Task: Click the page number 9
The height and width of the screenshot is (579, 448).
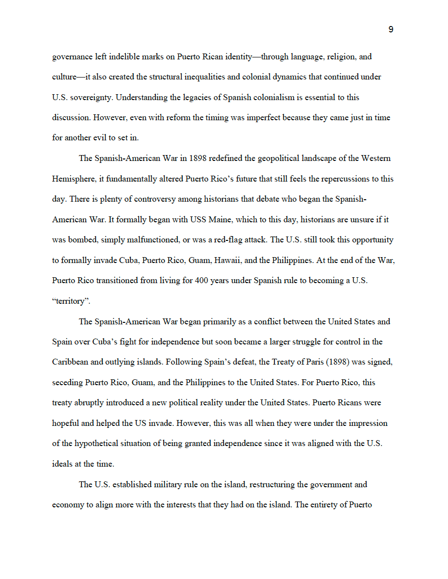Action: coord(391,29)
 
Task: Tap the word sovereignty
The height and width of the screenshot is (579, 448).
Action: coord(91,97)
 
